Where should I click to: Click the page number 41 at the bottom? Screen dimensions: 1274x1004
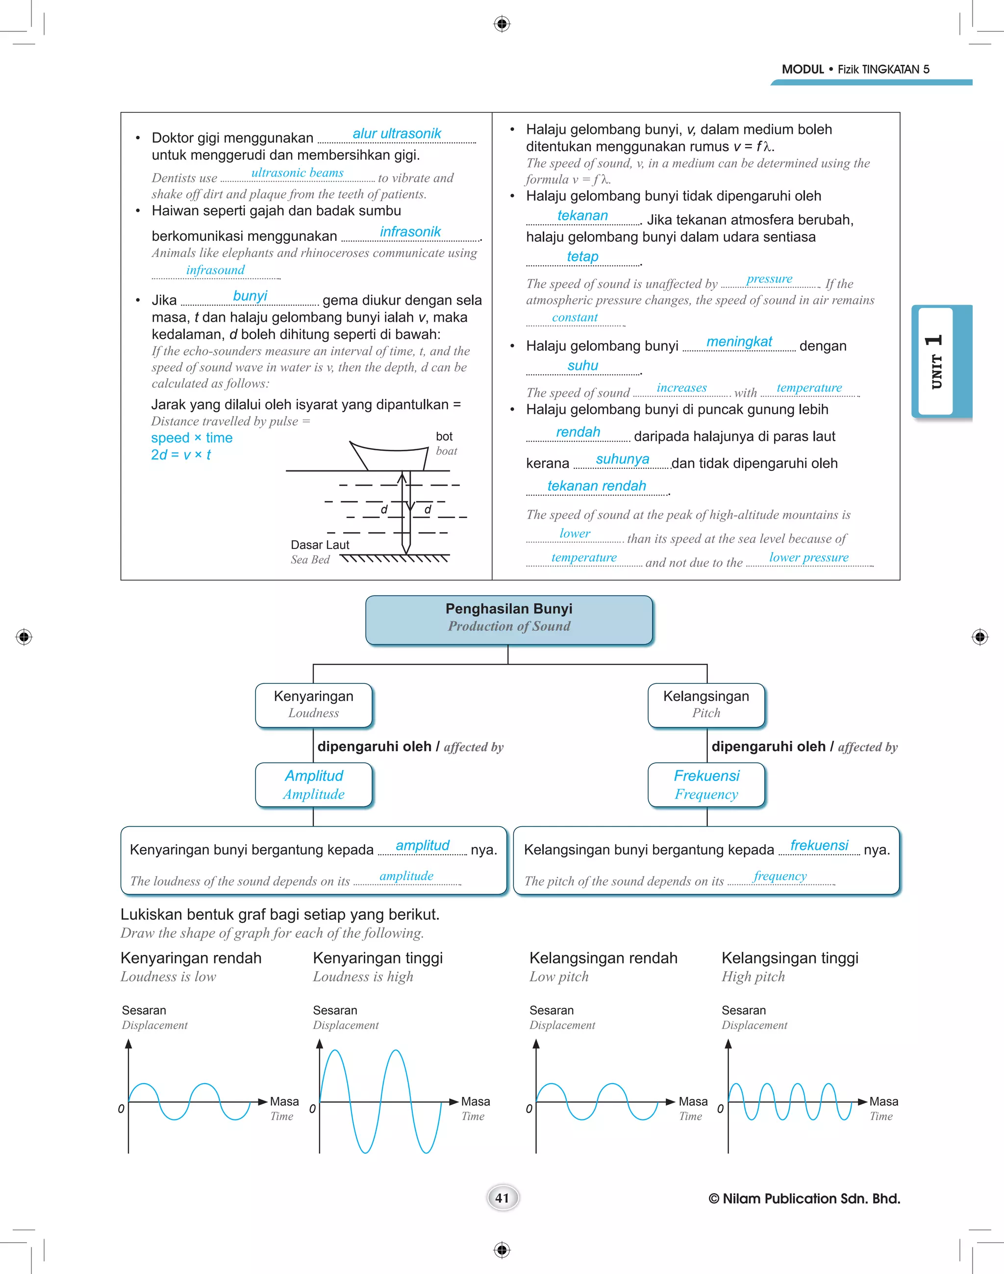[x=502, y=1198]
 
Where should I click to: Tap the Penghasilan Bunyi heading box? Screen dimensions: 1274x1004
[x=508, y=620]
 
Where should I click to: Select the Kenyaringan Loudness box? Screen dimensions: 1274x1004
[x=313, y=704]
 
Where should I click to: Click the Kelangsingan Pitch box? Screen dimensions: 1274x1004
[x=706, y=704]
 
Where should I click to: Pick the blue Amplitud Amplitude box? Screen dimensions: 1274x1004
[x=313, y=784]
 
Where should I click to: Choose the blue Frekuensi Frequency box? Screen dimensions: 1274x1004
[x=706, y=784]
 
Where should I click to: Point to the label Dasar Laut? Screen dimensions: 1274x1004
[x=320, y=545]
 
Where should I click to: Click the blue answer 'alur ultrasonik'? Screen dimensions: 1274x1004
[x=396, y=133]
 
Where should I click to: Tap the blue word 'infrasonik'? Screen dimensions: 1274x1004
[x=410, y=232]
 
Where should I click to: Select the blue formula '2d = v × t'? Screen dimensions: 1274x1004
[x=180, y=455]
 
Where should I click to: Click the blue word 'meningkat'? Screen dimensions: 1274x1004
[x=739, y=342]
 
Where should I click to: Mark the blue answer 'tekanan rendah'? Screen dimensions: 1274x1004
[x=596, y=486]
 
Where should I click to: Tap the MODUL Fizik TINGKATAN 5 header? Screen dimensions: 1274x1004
[x=855, y=69]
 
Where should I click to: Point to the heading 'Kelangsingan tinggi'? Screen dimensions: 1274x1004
[x=789, y=958]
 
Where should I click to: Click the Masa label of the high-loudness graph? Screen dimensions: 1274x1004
[x=475, y=1101]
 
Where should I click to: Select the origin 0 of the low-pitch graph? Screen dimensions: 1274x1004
[x=529, y=1109]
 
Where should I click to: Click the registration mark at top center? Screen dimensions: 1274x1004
[x=502, y=24]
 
